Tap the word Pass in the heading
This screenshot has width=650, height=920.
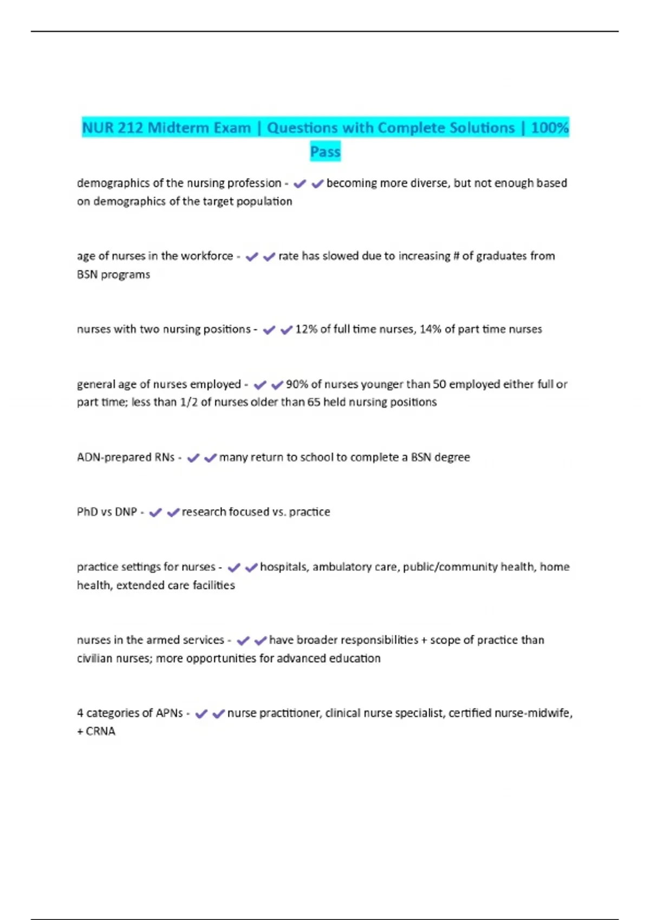(x=325, y=152)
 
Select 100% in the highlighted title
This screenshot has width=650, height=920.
(x=550, y=128)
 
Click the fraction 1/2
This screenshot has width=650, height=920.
(x=188, y=402)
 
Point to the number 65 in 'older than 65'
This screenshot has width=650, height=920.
(x=314, y=402)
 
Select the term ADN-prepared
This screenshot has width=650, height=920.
(x=114, y=457)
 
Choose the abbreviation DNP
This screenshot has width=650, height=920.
(x=126, y=512)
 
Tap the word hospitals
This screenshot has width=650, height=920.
(x=284, y=567)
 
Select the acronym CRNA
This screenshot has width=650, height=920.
(x=101, y=731)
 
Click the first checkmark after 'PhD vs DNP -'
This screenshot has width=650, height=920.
(x=155, y=512)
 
